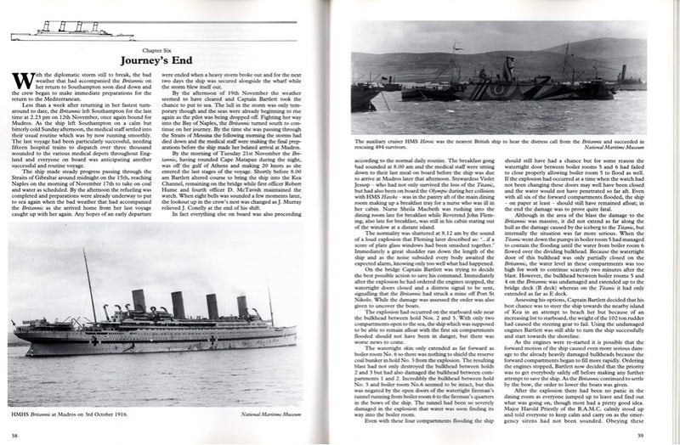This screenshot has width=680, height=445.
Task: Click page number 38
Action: [14, 435]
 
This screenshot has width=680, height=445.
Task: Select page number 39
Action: [665, 435]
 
